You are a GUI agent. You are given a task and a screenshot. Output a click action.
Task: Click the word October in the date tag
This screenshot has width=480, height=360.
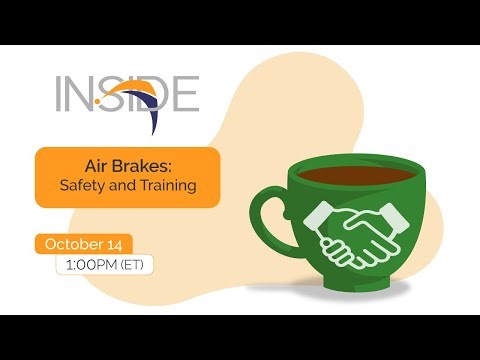71,244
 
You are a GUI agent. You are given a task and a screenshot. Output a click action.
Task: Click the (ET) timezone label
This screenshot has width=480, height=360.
133,266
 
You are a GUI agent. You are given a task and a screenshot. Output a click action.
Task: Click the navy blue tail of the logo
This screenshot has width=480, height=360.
153,120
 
